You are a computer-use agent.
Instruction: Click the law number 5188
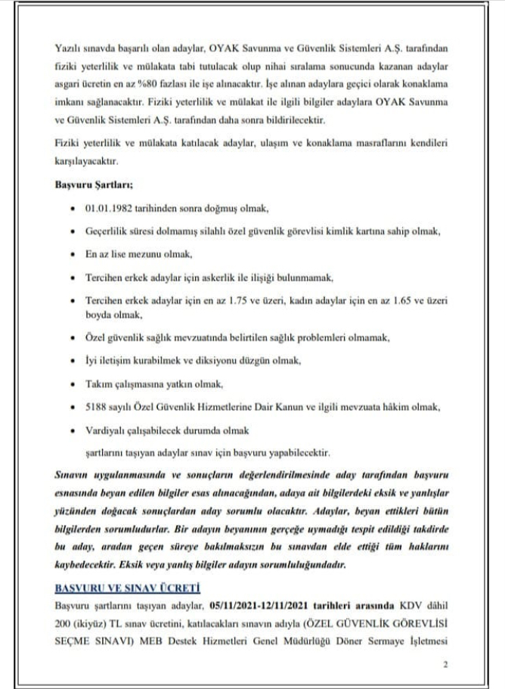(95, 407)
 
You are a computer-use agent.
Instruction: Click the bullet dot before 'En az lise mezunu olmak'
(71, 254)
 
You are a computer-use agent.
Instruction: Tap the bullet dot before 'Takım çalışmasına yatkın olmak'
(71, 384)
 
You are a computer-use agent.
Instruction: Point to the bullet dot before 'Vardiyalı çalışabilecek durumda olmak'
(71, 430)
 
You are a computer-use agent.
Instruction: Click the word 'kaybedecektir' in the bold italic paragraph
(88, 563)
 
